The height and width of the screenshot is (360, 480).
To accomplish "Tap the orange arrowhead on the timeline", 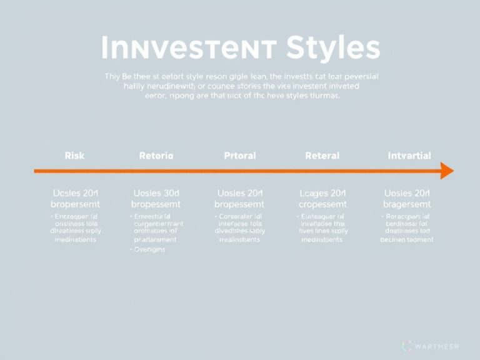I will point(446,170).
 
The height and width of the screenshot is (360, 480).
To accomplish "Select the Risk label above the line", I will point(74,156).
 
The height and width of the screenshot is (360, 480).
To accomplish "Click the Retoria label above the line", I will point(156,156).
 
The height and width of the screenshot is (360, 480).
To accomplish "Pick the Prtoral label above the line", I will point(239,156).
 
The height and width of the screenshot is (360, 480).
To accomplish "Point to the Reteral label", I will point(322,156).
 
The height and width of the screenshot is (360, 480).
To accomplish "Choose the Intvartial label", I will point(409,156).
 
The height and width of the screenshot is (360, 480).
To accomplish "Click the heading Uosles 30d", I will point(156,193).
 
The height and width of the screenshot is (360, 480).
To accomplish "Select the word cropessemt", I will point(322,204).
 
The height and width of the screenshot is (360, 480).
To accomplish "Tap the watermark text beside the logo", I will point(437,346).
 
